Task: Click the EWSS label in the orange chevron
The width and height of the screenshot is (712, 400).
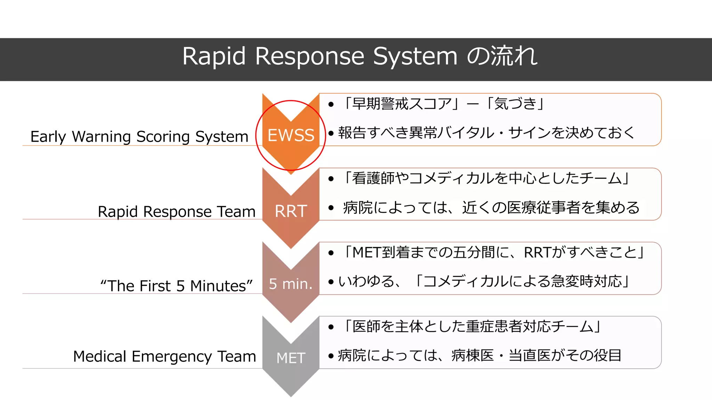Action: [x=291, y=135]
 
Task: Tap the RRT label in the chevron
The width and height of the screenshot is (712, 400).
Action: [x=291, y=211]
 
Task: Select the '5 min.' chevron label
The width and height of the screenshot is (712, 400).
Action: [x=291, y=284]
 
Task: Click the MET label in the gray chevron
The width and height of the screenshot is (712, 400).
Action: [x=291, y=358]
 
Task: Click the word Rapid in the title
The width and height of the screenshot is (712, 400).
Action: [x=214, y=56]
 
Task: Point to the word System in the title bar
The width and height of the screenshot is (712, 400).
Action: [x=415, y=56]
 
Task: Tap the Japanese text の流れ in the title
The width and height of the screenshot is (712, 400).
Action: [x=502, y=56]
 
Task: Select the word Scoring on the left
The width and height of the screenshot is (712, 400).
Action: [x=163, y=137]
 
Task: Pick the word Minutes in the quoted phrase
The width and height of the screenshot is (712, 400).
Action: [x=221, y=286]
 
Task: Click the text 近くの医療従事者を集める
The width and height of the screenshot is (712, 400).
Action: [x=551, y=208]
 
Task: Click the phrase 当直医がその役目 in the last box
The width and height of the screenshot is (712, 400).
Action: [x=565, y=355]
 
